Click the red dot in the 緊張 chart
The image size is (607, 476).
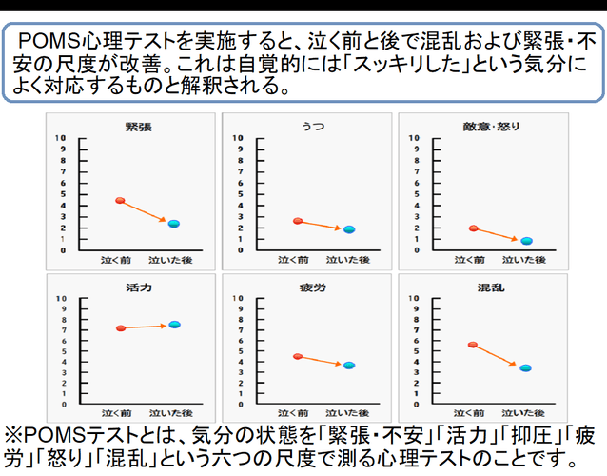pyautogui.click(x=120, y=200)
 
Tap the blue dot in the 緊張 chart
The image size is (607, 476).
pyautogui.click(x=173, y=224)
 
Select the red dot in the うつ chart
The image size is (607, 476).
pyautogui.click(x=298, y=221)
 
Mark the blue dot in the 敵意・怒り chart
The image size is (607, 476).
pyautogui.click(x=526, y=241)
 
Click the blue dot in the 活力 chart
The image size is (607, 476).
pyautogui.click(x=173, y=325)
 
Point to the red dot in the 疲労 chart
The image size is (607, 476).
pyautogui.click(x=298, y=356)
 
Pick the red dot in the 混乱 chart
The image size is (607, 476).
pyautogui.click(x=473, y=345)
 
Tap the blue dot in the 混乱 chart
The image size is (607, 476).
pyautogui.click(x=526, y=367)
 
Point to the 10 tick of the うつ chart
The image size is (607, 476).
pyautogui.click(x=236, y=138)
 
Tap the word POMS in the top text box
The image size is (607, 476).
pyautogui.click(x=58, y=41)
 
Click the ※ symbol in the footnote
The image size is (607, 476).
pyautogui.click(x=17, y=434)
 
